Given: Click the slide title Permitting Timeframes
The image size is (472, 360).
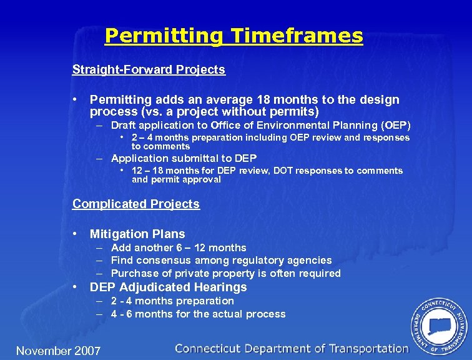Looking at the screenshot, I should pos(234,36).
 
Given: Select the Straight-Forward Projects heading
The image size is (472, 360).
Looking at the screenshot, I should pos(149,69).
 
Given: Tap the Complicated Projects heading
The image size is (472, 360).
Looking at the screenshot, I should pos(136,204).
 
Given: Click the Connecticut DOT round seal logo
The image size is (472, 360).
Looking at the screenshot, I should pos(439,326).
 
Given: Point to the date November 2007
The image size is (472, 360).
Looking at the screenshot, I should pos(58,351).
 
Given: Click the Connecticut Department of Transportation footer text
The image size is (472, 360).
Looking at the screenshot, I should pos(292,349).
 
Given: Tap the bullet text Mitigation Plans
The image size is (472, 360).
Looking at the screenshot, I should pos(137,234).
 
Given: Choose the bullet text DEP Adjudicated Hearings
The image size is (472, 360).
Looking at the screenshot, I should pos(168,287).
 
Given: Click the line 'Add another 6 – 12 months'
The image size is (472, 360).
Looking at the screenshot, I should pos(179,247).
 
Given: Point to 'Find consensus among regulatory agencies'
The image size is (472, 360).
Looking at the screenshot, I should pos(221,261).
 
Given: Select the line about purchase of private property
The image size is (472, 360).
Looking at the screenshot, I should pos(225,274).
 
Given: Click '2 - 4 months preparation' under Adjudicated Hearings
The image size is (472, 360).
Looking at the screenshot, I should pos(172,301).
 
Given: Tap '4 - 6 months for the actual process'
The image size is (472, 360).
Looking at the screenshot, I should pos(198,314).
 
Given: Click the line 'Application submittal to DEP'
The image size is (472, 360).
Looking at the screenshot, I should pos(184,158).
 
